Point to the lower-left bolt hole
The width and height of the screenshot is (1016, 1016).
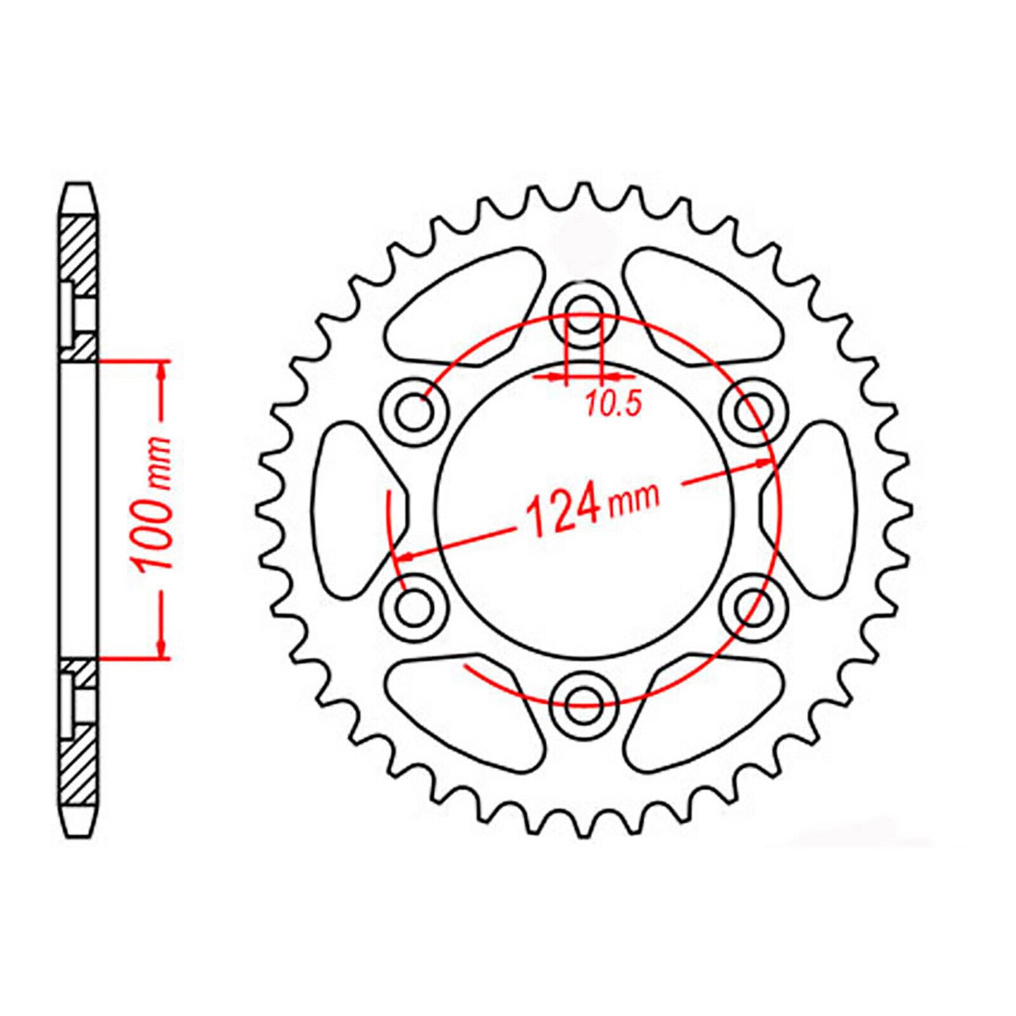click(415, 608)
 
